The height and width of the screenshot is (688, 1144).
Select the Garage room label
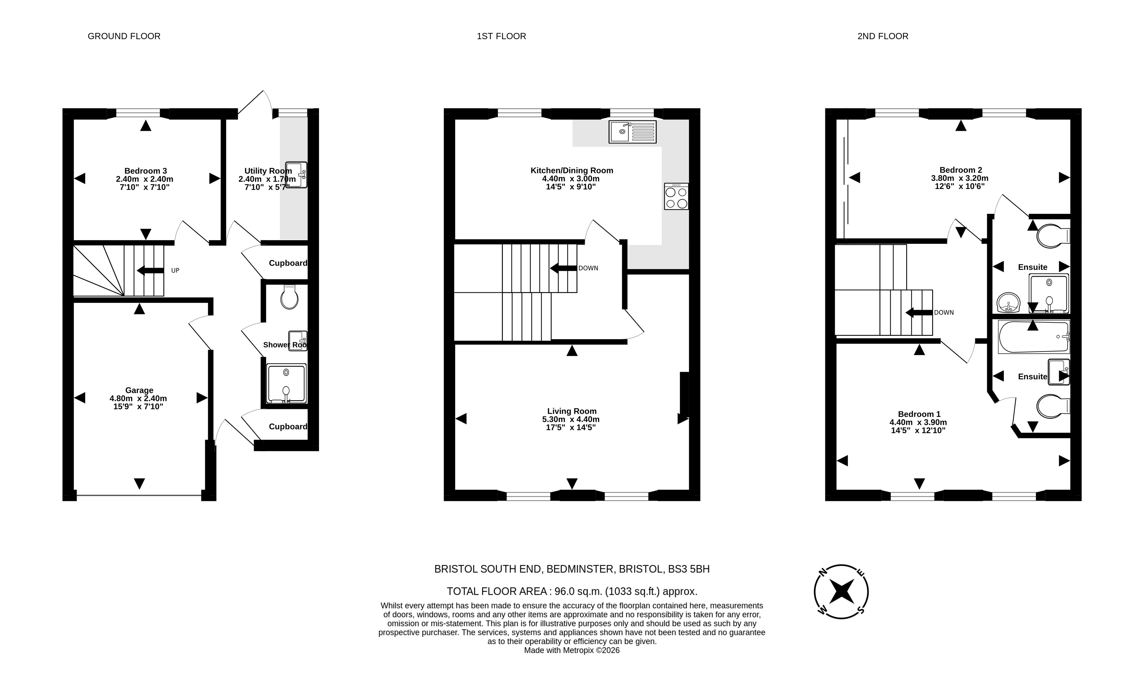point(139,390)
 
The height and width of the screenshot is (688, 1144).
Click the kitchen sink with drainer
point(633,132)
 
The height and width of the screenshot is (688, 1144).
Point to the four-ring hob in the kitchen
point(676,196)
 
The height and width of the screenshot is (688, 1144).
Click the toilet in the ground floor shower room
point(290,297)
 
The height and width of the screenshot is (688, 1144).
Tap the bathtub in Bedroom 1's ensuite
point(1034,336)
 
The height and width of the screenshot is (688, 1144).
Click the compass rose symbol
point(841,592)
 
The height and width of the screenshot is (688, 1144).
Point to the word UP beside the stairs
point(175,270)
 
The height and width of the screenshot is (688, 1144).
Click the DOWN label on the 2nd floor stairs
point(944,312)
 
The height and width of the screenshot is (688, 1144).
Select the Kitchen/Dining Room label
point(572,171)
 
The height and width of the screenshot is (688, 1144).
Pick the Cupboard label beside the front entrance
point(288,427)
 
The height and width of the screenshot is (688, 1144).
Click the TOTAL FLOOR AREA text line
point(572,592)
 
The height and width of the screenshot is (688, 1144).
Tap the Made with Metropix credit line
point(572,650)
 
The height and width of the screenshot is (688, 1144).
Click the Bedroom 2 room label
point(961,170)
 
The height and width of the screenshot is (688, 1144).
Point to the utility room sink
point(296,175)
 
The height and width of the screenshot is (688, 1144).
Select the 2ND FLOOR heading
point(883,36)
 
